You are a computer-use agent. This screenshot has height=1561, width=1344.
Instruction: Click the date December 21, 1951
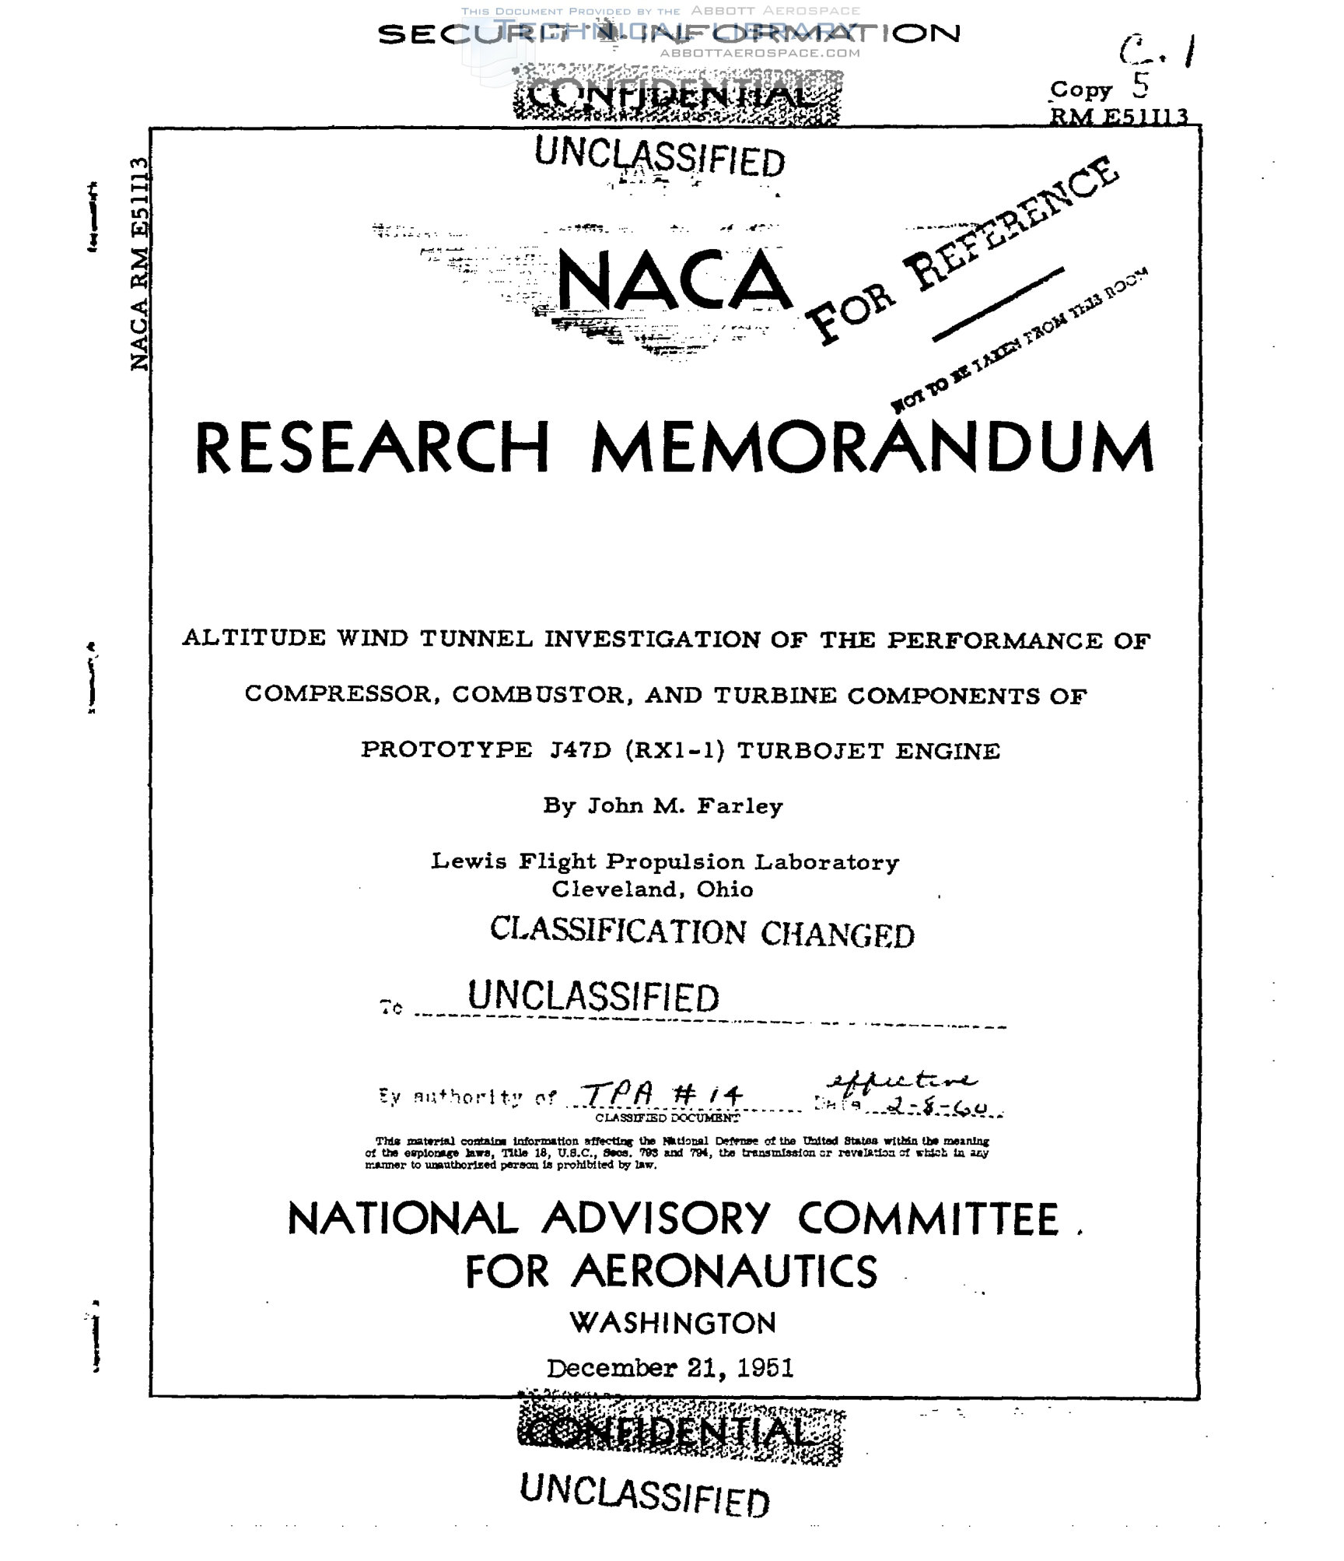pos(670,1368)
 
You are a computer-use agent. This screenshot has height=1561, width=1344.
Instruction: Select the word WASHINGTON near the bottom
pos(673,1323)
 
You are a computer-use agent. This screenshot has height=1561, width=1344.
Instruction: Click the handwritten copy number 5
pos(1139,86)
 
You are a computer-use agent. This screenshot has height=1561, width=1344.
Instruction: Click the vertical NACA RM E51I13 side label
pos(140,265)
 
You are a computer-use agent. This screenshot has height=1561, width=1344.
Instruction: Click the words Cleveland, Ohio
pos(653,889)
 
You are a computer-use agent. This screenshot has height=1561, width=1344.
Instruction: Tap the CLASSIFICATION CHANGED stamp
pos(702,932)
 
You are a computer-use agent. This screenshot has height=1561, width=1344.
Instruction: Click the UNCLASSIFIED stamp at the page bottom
pos(644,1494)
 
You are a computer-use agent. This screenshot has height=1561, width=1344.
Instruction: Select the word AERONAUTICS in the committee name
pos(725,1272)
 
